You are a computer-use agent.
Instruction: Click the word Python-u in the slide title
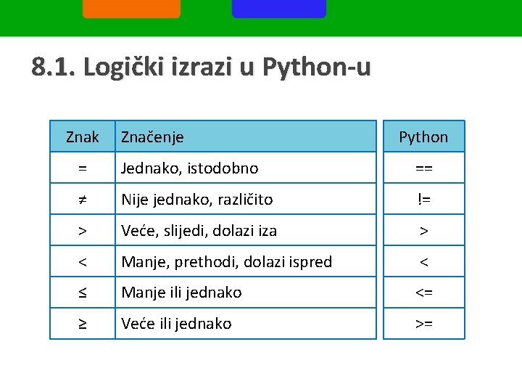point(316,68)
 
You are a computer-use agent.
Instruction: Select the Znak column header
point(83,136)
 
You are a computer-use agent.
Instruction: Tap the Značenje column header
point(152,136)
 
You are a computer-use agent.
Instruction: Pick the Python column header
point(423,137)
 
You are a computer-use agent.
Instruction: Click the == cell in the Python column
point(423,168)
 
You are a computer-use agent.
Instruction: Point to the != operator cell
point(423,199)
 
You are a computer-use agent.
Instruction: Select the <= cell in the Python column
point(423,293)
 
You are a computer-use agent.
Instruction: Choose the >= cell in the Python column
point(423,324)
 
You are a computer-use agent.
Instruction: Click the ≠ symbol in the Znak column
point(83,199)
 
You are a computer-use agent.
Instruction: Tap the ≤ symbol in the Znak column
point(83,293)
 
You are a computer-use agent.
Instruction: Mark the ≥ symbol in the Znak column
point(83,324)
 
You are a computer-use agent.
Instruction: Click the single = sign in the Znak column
point(83,168)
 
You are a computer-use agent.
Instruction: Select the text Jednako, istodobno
point(189,168)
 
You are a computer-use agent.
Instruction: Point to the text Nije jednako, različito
point(196,199)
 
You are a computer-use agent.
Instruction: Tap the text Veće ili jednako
point(176,324)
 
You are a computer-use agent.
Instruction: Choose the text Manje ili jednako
point(181,293)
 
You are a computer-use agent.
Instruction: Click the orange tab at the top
point(131,9)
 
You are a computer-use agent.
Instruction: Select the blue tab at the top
point(279,9)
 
